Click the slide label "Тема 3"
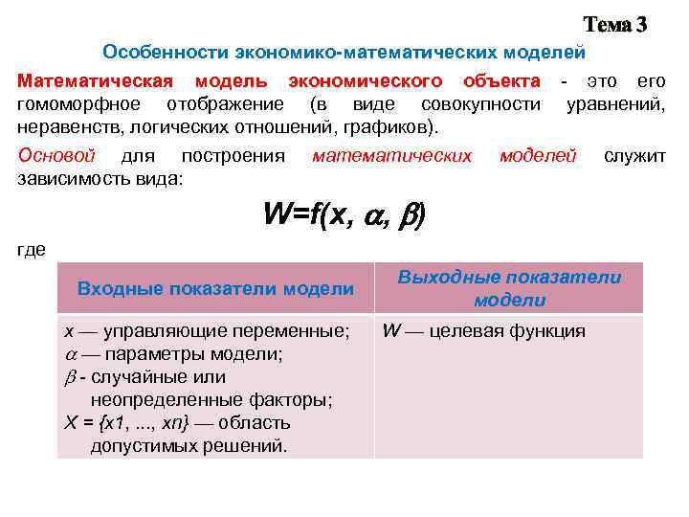click(x=615, y=25)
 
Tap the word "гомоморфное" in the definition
click(x=78, y=104)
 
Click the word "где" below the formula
click(x=32, y=251)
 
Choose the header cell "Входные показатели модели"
click(x=215, y=288)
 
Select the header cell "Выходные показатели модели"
click(x=509, y=288)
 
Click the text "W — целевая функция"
click(x=483, y=331)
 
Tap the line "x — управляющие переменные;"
click(x=206, y=331)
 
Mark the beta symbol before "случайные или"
click(x=69, y=377)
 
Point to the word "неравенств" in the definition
click(x=64, y=126)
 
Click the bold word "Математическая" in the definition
click(x=96, y=81)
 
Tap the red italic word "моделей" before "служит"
click(x=537, y=155)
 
